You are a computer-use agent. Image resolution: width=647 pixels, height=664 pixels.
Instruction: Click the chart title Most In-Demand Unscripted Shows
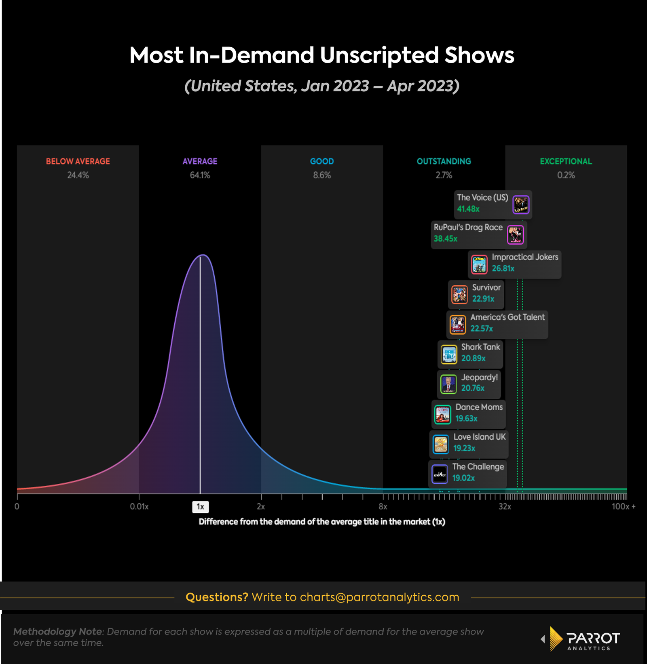point(321,55)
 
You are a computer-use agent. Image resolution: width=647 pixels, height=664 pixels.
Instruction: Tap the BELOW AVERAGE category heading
point(78,161)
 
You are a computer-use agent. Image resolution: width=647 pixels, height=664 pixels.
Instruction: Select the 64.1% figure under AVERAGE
point(200,175)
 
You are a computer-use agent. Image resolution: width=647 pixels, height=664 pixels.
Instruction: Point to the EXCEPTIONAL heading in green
point(566,161)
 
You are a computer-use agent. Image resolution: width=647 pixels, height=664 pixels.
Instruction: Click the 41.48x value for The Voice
point(468,209)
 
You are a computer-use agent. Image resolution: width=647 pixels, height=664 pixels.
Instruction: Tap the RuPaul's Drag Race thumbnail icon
point(515,235)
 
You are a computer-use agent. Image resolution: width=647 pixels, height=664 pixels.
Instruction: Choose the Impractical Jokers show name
point(524,257)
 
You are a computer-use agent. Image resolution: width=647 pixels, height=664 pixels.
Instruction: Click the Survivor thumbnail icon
point(459,294)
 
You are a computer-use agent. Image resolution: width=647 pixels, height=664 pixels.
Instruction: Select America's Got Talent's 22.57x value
point(481,329)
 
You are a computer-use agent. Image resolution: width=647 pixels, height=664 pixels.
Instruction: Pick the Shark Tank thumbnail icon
point(449,355)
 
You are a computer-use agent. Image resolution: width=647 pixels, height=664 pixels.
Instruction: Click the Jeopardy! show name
point(479,377)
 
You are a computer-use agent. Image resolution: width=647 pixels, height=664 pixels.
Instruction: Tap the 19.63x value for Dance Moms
point(466,418)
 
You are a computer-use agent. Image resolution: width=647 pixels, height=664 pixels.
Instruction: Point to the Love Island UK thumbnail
point(440,445)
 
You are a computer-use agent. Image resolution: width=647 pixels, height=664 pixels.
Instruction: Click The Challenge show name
point(478,466)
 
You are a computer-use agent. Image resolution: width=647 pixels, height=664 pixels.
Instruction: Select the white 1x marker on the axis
point(200,506)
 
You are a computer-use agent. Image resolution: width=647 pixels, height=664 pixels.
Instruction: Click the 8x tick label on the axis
point(383,506)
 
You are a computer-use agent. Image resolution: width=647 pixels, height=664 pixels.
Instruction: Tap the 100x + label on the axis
point(623,506)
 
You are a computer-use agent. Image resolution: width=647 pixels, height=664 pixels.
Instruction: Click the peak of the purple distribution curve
point(203,255)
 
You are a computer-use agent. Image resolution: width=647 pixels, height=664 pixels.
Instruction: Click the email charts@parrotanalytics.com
point(379,597)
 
